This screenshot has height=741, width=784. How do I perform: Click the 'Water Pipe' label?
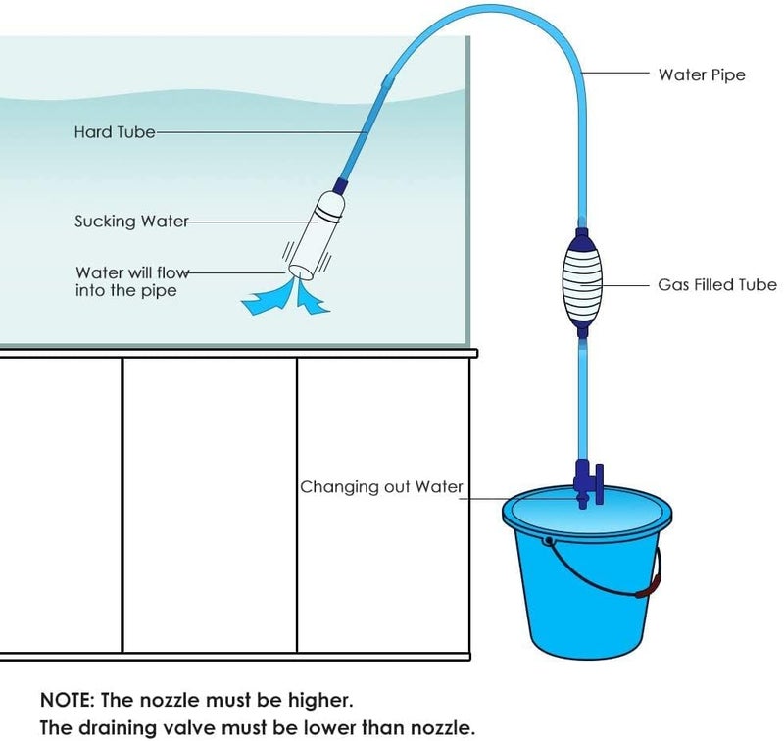(701, 74)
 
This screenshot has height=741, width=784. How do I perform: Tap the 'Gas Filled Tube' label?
(716, 285)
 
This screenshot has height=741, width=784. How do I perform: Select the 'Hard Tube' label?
(114, 131)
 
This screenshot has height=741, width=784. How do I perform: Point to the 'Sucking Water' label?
(131, 222)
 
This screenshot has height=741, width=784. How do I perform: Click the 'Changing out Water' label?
(381, 486)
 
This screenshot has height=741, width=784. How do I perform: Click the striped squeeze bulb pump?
(582, 283)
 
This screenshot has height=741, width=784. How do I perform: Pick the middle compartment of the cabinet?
(210, 505)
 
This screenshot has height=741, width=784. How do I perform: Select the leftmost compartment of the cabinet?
(61, 505)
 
